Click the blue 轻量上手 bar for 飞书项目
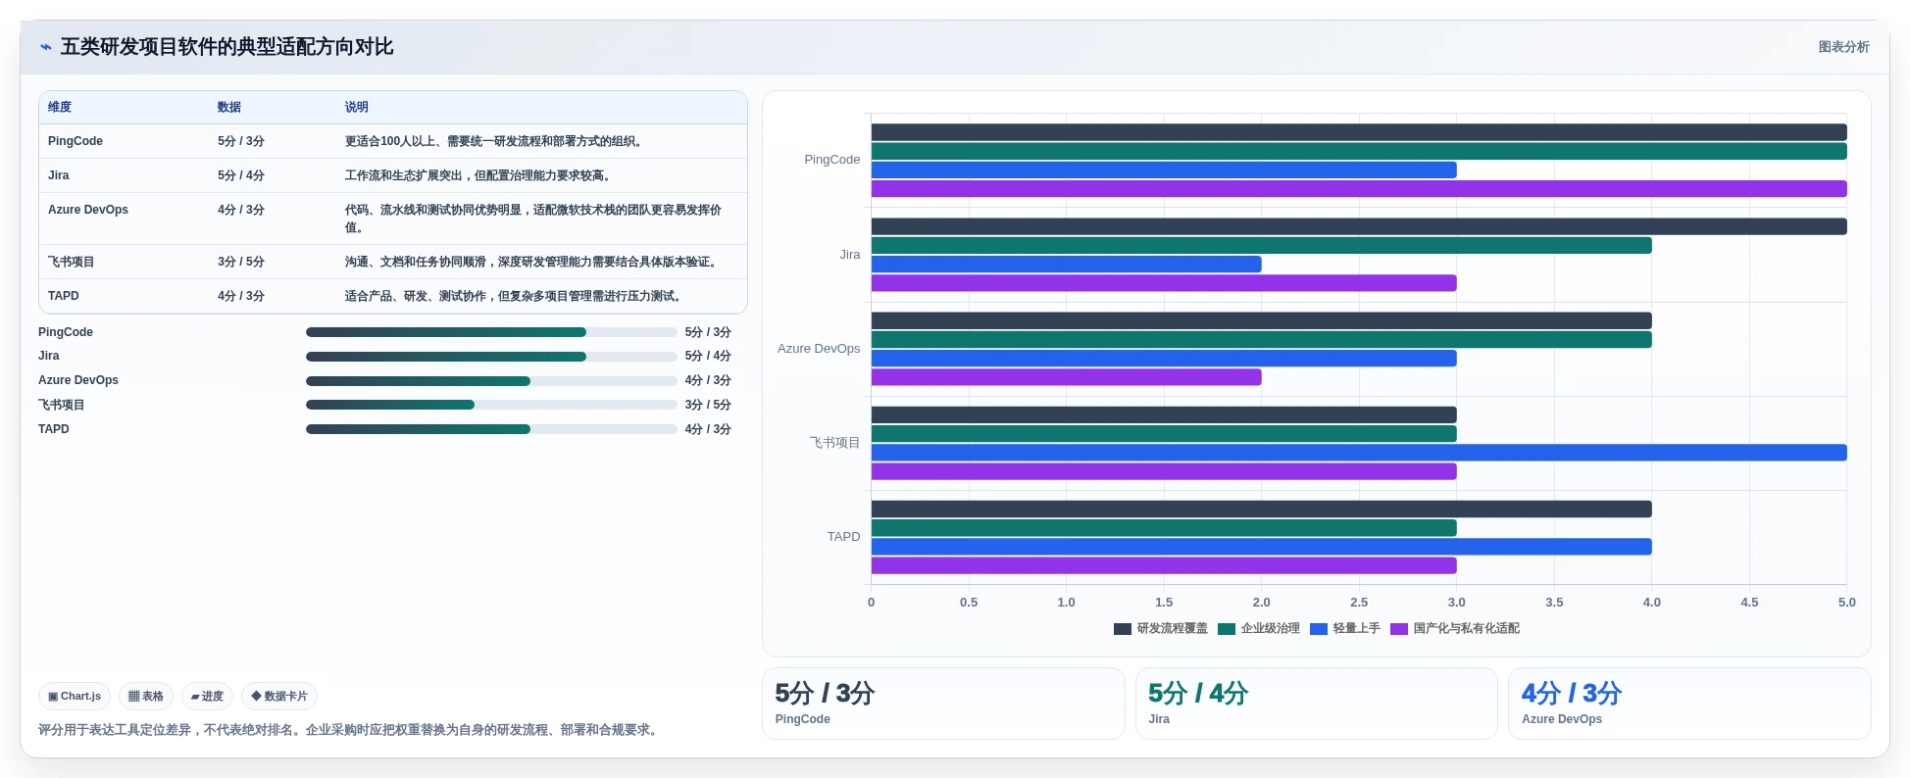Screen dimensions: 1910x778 1359,453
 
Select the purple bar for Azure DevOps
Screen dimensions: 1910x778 1066,377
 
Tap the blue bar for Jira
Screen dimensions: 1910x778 1066,265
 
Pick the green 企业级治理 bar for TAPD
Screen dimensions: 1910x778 1164,528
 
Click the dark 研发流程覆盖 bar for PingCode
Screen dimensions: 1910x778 1359,132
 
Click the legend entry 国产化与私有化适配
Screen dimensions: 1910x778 1455,629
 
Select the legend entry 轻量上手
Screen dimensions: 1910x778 1345,629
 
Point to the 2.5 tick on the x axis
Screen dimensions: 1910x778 1359,603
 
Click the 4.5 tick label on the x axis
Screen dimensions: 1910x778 1749,603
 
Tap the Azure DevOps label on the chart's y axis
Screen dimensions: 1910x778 819,349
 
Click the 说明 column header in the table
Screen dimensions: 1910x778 357,108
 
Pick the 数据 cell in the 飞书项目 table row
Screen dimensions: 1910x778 241,263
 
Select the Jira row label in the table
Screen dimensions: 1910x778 59,176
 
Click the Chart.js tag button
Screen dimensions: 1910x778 75,697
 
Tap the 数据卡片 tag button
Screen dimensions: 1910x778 279,697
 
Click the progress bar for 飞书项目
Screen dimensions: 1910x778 491,405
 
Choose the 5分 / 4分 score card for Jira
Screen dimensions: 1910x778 1316,704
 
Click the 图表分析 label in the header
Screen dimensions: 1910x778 1843,47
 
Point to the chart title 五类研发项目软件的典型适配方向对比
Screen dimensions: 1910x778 226,47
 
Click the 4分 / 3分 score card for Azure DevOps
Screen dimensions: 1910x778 1689,704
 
